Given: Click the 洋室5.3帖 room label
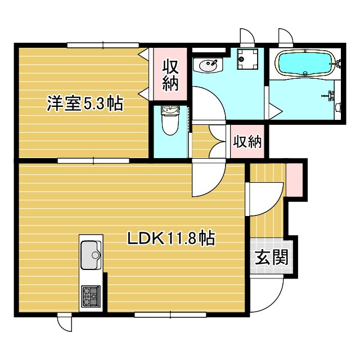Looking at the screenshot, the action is (85, 104).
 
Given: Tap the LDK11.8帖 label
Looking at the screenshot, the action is (171, 238).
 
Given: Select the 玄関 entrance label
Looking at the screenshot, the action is (271, 257).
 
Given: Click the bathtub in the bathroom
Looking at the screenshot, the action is (305, 63).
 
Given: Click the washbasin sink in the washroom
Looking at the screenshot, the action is (208, 65).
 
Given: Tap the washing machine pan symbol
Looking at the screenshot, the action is (247, 58).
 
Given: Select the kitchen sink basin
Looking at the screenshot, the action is (91, 255).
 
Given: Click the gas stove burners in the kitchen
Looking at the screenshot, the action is (91, 296).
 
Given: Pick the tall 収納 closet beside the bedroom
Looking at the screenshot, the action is (170, 74).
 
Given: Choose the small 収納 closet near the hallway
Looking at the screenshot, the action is (247, 141).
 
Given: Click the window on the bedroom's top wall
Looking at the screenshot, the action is (103, 45).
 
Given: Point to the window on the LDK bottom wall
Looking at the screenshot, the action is (170, 314).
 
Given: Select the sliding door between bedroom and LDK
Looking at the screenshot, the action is (93, 161).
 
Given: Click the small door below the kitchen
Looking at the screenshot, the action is (65, 324).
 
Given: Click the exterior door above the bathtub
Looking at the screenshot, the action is (286, 35).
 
